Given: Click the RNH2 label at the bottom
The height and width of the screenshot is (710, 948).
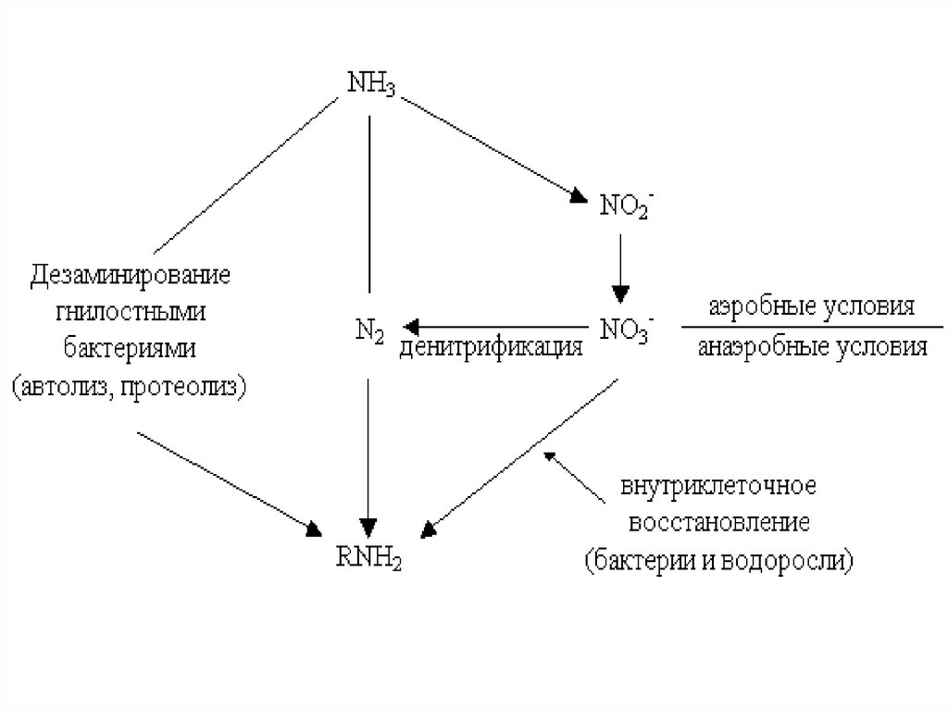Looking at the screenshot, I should [369, 558].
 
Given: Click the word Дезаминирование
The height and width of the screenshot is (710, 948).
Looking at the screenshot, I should [131, 276].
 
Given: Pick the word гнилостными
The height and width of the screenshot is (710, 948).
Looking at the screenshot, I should [131, 312].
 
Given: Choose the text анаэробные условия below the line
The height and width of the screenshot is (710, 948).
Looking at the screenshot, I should [812, 347].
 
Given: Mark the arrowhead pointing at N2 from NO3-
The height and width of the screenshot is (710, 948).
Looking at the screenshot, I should [410, 326].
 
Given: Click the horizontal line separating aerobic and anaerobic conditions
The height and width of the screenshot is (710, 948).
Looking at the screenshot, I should [812, 327].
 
